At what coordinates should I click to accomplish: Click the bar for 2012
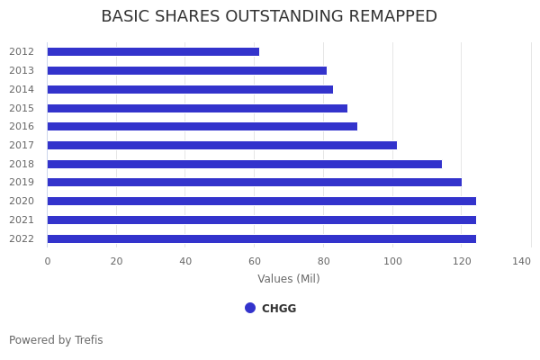click(x=153, y=52)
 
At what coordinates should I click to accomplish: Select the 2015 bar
click(x=197, y=108)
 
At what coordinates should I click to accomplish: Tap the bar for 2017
click(x=221, y=145)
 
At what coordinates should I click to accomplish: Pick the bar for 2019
click(x=254, y=183)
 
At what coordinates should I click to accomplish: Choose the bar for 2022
click(x=261, y=238)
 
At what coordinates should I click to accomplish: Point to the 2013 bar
click(x=186, y=70)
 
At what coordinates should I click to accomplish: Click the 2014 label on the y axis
click(x=22, y=89)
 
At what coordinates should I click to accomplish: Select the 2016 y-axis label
click(x=22, y=127)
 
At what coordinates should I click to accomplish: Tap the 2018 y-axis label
click(x=22, y=164)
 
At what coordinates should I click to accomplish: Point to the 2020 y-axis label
click(x=22, y=202)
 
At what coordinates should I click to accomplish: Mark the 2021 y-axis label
click(x=22, y=220)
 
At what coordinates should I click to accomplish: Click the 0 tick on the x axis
click(x=48, y=261)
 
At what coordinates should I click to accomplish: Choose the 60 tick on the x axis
click(x=255, y=261)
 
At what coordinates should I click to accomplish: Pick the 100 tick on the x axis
click(x=392, y=261)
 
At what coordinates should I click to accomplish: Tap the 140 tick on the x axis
click(x=521, y=261)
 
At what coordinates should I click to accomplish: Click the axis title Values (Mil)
click(x=289, y=279)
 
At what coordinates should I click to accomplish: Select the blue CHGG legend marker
click(x=250, y=308)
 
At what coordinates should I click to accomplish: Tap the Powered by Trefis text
click(x=56, y=340)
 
